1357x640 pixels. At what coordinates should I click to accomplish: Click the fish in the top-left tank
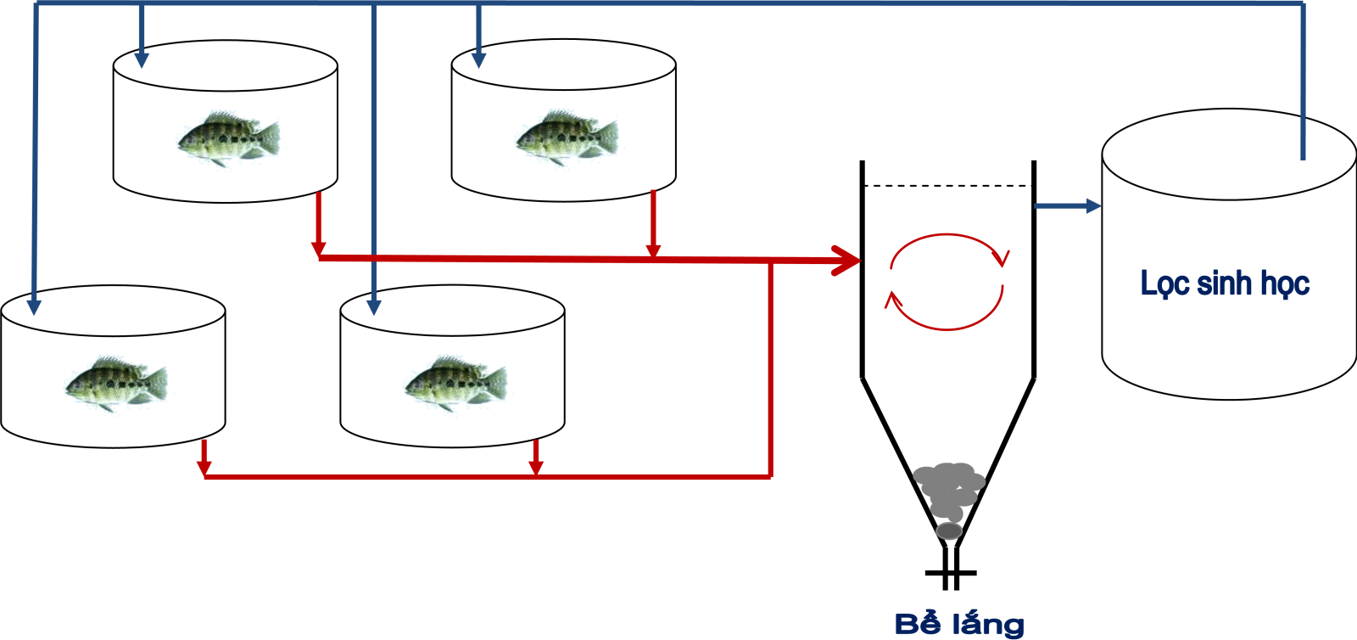(227, 138)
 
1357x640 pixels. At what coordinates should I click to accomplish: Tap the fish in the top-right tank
(567, 137)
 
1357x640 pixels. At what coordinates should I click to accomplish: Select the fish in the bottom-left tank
(116, 384)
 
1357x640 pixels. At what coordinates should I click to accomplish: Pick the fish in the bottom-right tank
(455, 384)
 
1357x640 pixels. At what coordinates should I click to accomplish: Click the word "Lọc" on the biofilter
(1163, 284)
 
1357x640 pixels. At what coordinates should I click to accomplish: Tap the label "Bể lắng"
(959, 625)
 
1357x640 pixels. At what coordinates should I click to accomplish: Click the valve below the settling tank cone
(951, 573)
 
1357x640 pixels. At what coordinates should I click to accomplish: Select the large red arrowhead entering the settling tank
(846, 261)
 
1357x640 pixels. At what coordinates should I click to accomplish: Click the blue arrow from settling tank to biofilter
(1069, 205)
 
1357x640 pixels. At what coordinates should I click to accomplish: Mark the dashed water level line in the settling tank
(947, 185)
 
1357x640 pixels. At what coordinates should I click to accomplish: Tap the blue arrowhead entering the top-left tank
(142, 59)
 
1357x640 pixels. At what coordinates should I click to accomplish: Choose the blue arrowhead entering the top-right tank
(478, 59)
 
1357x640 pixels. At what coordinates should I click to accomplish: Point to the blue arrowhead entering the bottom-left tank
(34, 306)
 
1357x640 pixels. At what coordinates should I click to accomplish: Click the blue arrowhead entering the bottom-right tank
(373, 306)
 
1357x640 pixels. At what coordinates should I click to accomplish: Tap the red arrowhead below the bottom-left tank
(204, 468)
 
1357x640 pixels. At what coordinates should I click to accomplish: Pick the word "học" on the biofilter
(1285, 284)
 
